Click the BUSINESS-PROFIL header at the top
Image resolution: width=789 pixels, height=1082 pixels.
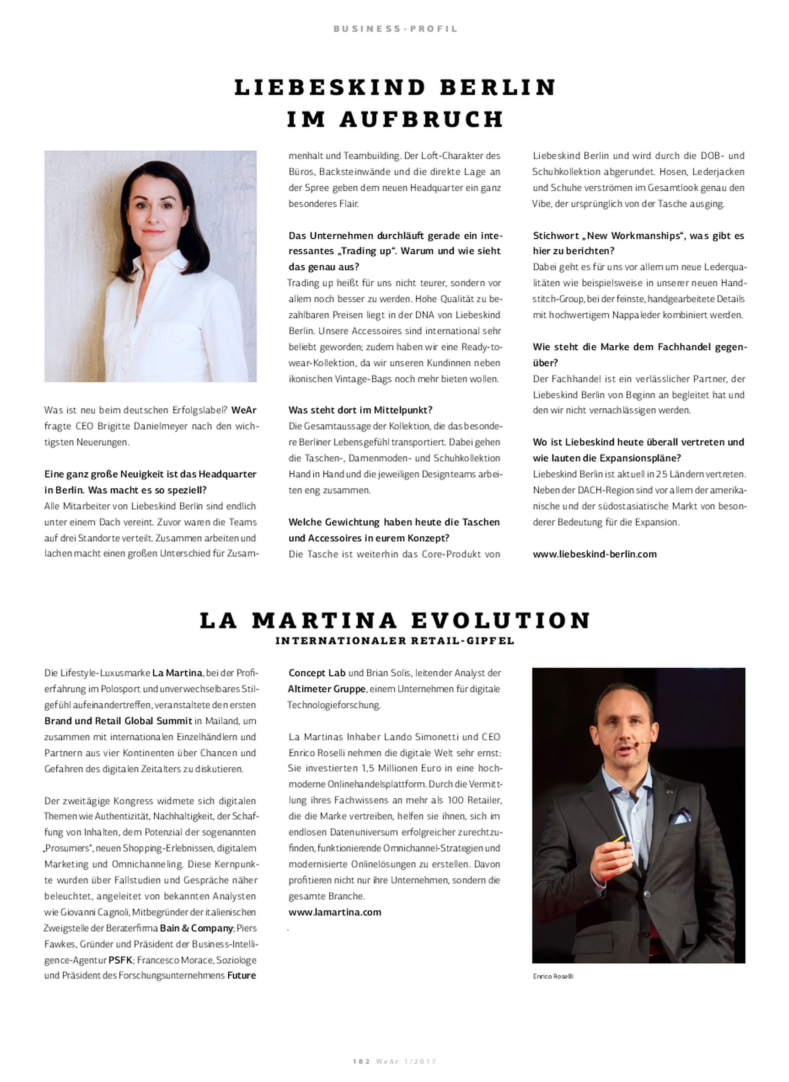(395, 29)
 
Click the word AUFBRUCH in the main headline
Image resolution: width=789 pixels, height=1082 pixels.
(422, 119)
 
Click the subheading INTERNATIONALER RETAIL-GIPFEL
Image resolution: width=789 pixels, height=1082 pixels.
(395, 641)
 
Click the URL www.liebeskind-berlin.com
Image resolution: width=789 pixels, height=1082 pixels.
(594, 554)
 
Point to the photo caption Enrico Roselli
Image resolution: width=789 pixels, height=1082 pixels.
(552, 976)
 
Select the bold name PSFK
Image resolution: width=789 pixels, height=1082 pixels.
(120, 960)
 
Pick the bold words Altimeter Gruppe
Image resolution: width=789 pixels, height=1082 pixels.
(327, 689)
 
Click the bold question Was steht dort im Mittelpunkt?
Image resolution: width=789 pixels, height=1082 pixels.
(360, 410)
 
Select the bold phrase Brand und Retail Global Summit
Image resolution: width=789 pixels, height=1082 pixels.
(118, 721)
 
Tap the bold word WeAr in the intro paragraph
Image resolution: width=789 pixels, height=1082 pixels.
(244, 410)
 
